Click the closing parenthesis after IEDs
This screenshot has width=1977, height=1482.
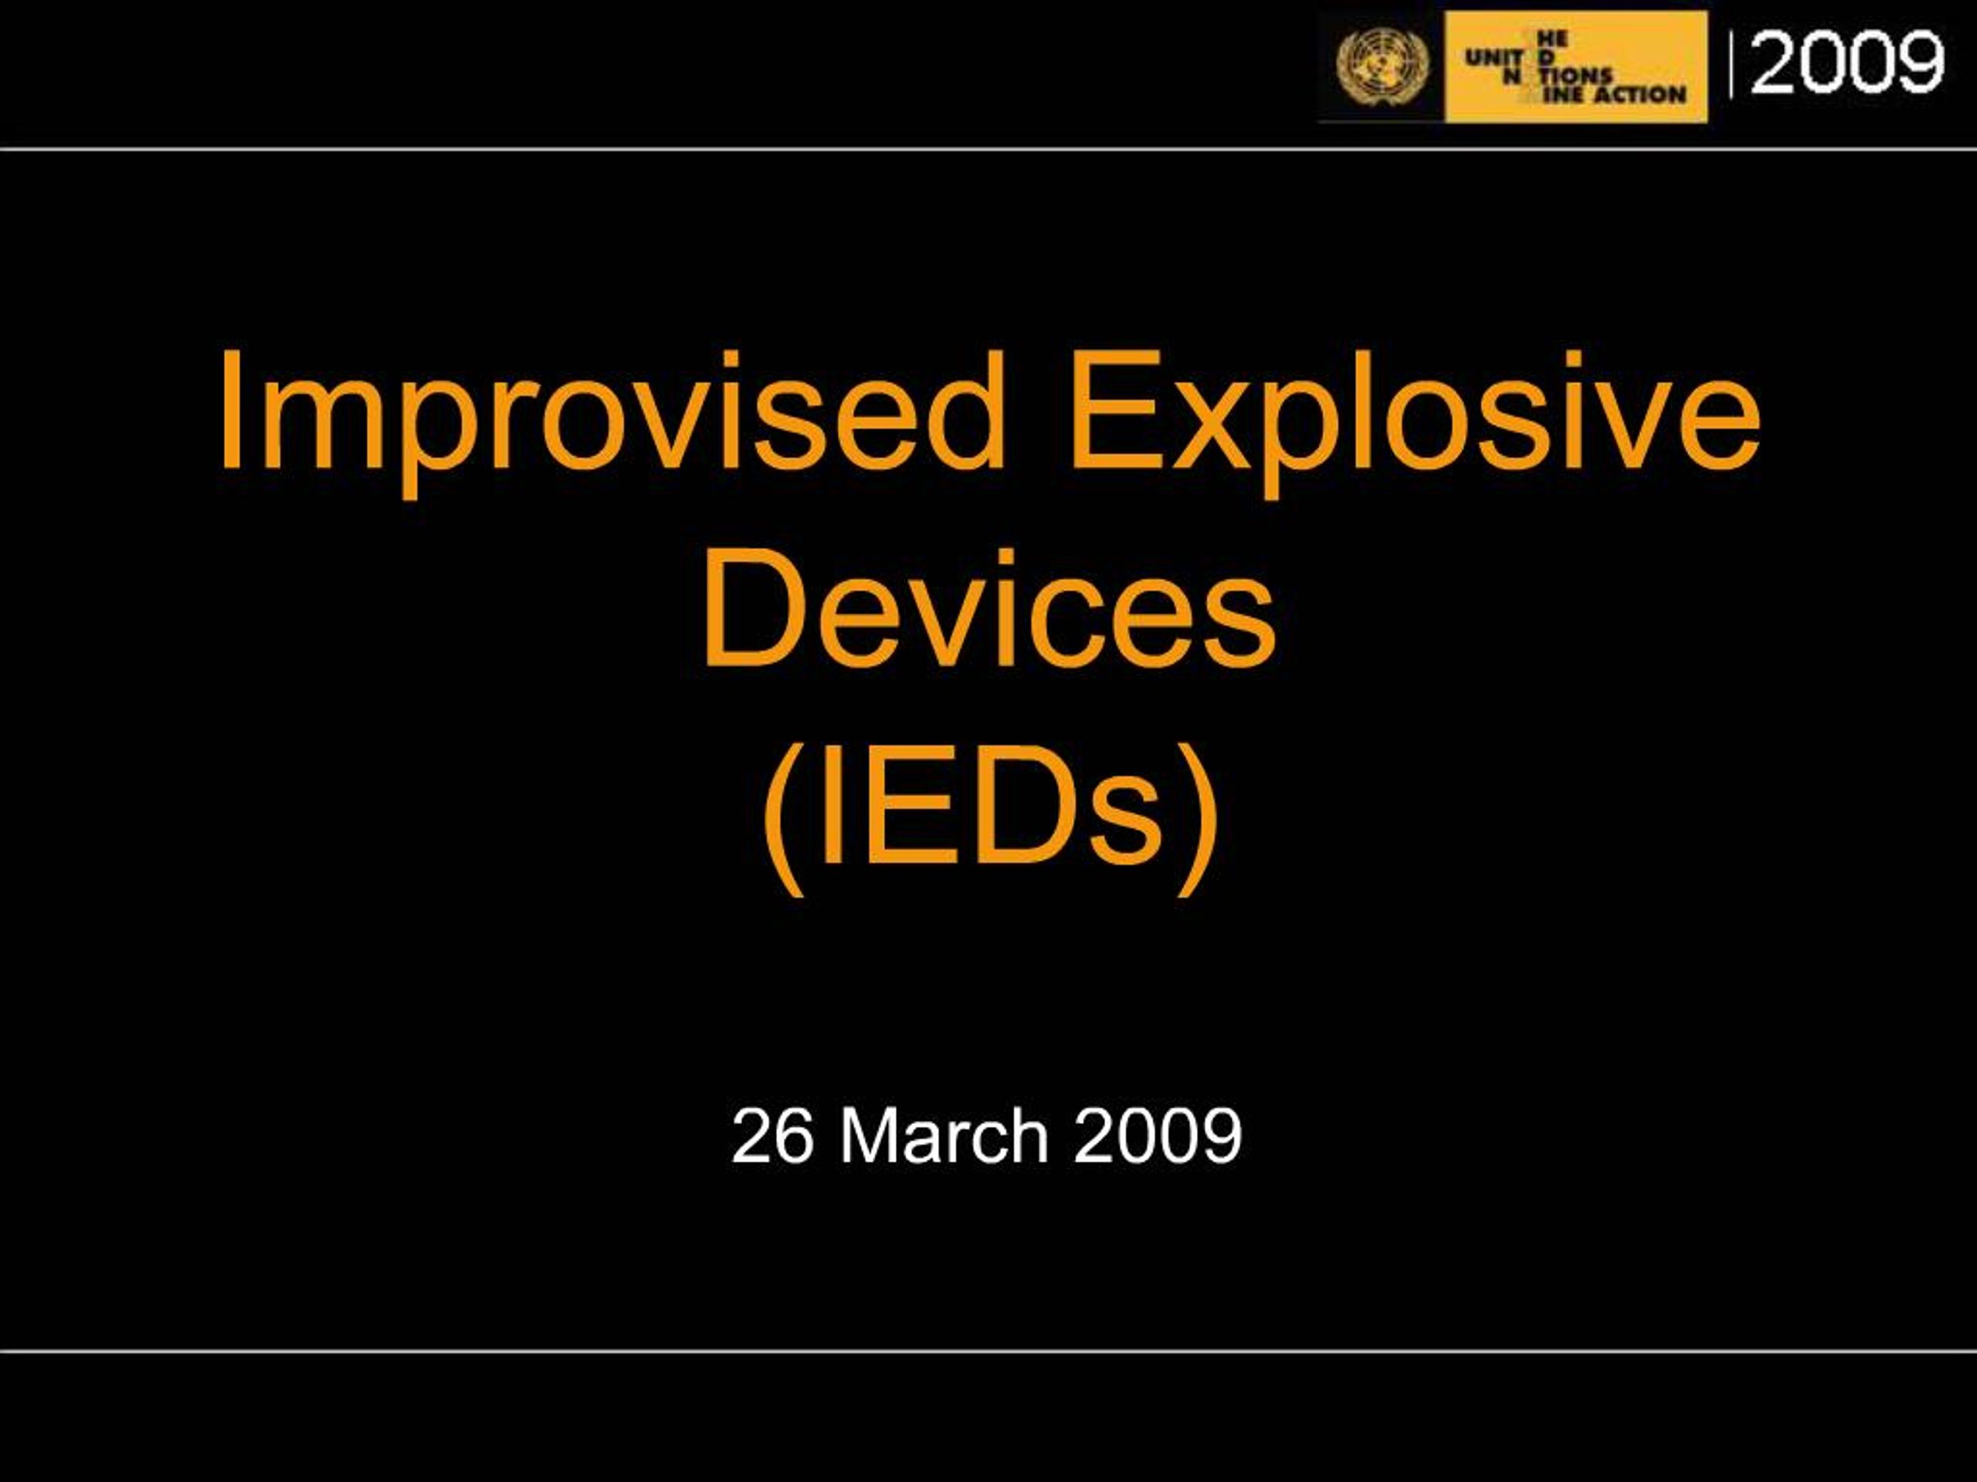[x=1197, y=817]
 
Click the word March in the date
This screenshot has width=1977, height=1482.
[x=943, y=1136]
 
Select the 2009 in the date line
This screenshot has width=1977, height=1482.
[x=1158, y=1136]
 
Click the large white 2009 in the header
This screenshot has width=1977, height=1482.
[x=1846, y=63]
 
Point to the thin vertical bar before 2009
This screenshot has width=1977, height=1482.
[x=1732, y=64]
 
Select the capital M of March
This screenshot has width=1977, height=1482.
[x=867, y=1136]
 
